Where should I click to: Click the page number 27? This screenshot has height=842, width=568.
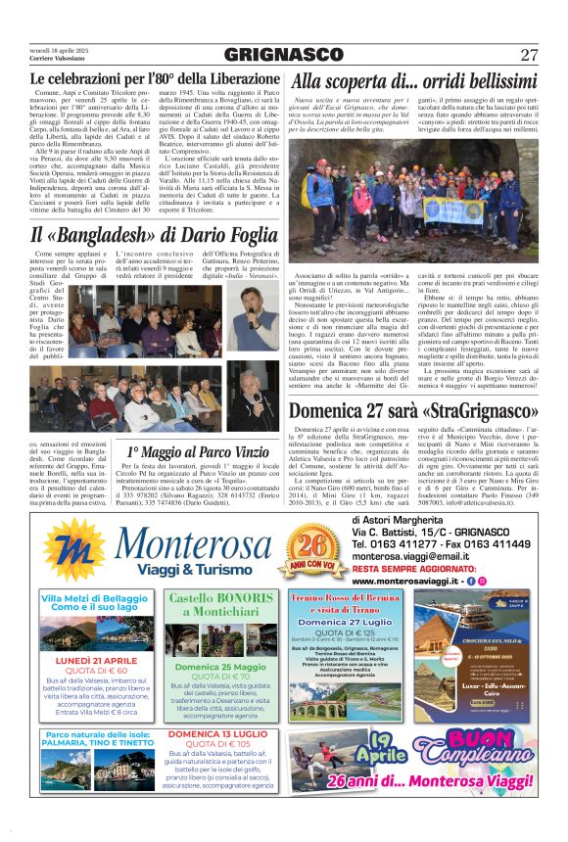(530, 54)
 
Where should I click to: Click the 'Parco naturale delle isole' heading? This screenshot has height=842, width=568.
(95, 732)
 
